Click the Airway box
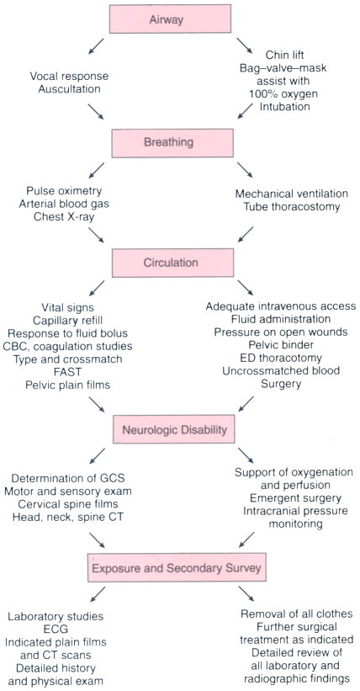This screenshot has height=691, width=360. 171,19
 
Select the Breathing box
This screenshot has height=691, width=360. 172,143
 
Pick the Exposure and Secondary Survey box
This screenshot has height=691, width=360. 177,567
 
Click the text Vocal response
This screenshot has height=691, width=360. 69,77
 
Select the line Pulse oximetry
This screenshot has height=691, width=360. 64,191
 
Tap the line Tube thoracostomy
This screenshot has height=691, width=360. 291,207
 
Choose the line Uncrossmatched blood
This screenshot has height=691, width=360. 281,370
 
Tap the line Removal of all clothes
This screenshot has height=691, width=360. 296,614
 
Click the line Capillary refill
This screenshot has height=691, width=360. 68,320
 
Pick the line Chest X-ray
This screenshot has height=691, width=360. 64,218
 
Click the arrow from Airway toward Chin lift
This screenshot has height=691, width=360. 246,45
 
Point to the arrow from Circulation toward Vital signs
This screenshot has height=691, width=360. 97,288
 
